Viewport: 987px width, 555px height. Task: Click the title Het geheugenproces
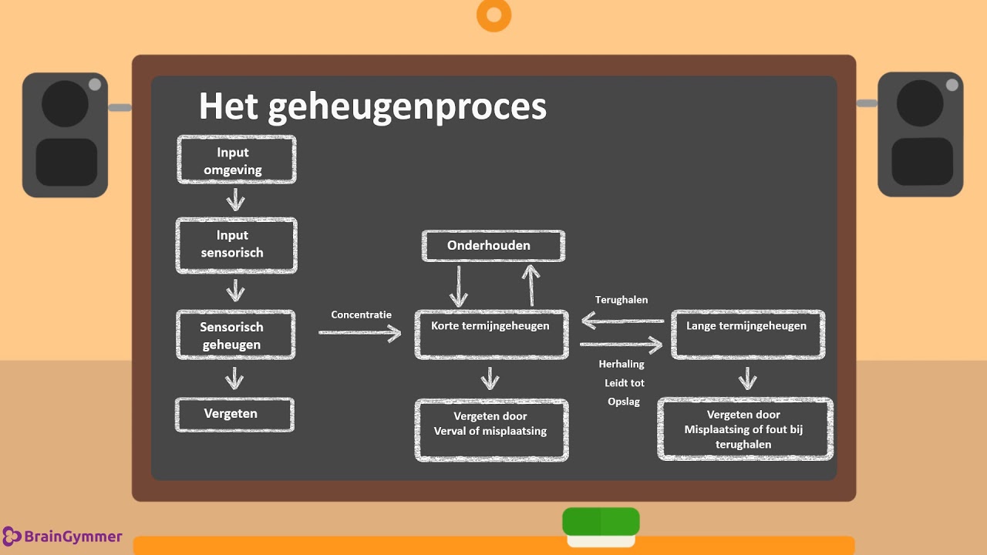click(x=372, y=106)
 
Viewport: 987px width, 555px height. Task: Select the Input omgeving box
click(x=237, y=160)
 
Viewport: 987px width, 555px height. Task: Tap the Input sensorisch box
click(x=237, y=244)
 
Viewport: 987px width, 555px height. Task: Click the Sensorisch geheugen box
click(x=235, y=335)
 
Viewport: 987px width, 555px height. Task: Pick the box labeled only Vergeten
click(x=234, y=414)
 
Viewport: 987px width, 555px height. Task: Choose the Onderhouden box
click(x=493, y=246)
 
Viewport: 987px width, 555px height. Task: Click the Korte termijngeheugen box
click(x=491, y=335)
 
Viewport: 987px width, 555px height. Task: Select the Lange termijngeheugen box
click(x=747, y=335)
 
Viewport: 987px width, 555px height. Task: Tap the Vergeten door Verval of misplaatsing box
click(x=491, y=430)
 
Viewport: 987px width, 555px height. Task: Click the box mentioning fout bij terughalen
click(x=744, y=429)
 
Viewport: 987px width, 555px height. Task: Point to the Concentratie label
click(x=361, y=314)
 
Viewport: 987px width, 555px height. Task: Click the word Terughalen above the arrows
click(x=622, y=300)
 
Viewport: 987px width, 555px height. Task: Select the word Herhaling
click(x=622, y=364)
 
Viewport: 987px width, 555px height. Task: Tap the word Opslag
click(x=623, y=402)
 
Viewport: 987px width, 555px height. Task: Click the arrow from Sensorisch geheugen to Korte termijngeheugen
click(x=359, y=332)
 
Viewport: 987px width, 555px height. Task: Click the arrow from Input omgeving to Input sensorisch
click(x=235, y=200)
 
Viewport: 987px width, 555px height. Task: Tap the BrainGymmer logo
click(x=62, y=536)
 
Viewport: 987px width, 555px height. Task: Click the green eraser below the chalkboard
click(x=601, y=522)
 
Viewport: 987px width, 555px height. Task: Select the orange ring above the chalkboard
click(x=494, y=15)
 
